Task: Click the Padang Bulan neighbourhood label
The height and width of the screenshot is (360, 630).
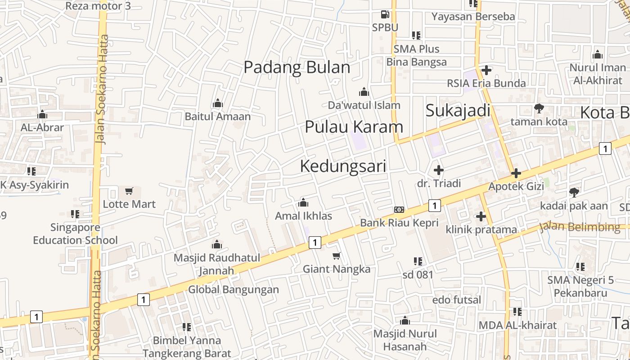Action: click(x=297, y=67)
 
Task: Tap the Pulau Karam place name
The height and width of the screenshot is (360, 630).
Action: click(x=354, y=127)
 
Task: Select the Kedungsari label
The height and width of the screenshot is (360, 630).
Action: click(x=343, y=166)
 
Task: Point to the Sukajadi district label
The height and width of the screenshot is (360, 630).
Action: click(x=458, y=110)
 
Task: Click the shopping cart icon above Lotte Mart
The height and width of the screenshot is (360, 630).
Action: click(x=129, y=191)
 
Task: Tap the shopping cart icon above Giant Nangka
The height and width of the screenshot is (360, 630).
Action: click(x=336, y=256)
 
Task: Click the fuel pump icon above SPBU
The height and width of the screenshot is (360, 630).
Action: click(x=385, y=14)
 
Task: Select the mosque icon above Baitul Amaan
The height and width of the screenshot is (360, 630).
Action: click(x=218, y=103)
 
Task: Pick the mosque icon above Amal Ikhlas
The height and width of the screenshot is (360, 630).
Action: click(x=303, y=202)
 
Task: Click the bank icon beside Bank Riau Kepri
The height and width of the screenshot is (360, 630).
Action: click(x=399, y=210)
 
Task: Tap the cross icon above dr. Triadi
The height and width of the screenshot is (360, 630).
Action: click(x=438, y=170)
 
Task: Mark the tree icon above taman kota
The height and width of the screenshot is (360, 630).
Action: click(x=539, y=108)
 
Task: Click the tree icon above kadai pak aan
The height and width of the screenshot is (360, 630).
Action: click(x=574, y=193)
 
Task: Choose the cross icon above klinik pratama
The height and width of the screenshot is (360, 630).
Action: click(x=481, y=216)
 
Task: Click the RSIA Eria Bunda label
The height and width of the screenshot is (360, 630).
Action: click(x=486, y=83)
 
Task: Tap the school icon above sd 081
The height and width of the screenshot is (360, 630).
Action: click(x=418, y=261)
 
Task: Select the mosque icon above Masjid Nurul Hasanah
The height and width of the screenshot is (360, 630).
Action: click(x=405, y=320)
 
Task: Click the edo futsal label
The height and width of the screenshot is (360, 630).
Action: click(x=456, y=300)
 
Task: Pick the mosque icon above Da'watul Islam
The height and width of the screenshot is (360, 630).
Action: click(x=364, y=92)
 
